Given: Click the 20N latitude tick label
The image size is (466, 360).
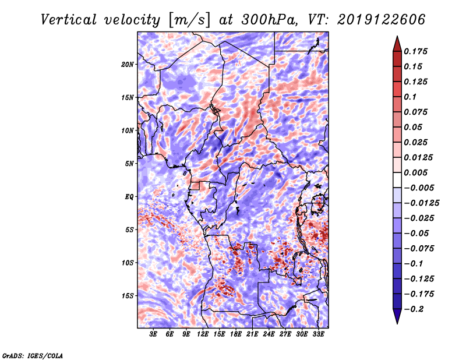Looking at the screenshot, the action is [x=128, y=65].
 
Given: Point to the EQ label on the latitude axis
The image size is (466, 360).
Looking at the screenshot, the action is [x=129, y=197].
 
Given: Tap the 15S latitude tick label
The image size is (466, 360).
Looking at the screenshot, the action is [x=128, y=296].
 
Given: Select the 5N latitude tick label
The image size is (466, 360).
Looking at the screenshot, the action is [x=129, y=164].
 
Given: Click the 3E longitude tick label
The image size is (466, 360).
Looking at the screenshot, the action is [x=153, y=334].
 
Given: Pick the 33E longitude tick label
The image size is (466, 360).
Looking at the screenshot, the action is [x=318, y=334].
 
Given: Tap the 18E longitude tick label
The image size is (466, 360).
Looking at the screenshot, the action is [x=236, y=334].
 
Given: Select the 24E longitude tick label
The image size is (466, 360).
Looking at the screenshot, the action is [x=269, y=334].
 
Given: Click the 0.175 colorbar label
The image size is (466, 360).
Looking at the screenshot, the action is [x=415, y=51].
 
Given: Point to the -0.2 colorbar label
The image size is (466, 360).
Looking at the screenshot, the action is [x=414, y=309].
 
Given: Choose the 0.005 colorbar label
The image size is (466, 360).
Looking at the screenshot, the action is [x=415, y=172].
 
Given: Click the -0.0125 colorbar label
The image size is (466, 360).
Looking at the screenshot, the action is [x=421, y=203].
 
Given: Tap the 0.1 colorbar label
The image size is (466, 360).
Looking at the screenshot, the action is [x=410, y=97].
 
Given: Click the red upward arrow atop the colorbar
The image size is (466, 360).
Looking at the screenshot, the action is [x=397, y=44].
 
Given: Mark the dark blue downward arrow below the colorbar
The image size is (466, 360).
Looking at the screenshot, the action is [x=397, y=316].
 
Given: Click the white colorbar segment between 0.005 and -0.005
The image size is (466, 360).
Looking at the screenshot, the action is [x=397, y=180].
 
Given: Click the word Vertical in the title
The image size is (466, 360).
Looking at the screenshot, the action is [x=69, y=20].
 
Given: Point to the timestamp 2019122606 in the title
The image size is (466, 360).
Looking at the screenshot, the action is [x=382, y=20].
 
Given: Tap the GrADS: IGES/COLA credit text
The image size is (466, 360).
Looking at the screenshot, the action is [x=33, y=355].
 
